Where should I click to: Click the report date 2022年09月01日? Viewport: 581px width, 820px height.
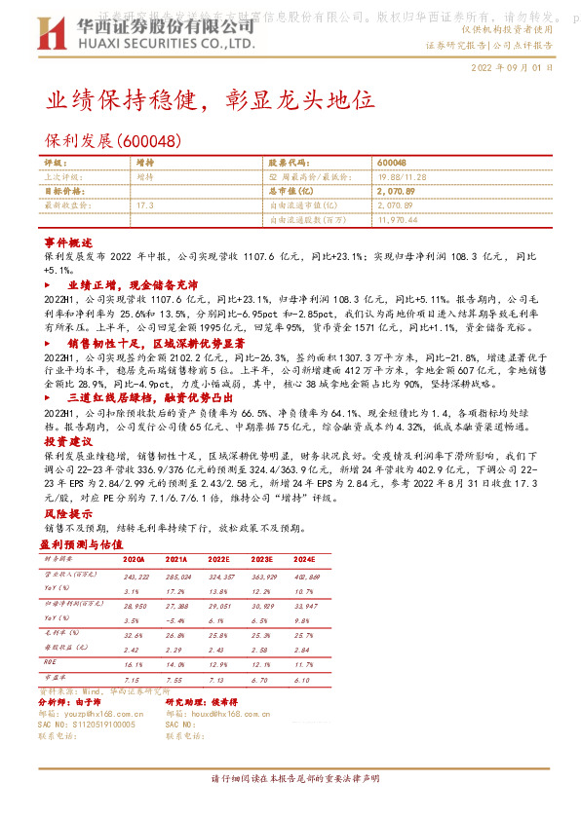pyautogui.click(x=511, y=70)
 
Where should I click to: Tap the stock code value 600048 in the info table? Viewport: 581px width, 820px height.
pyautogui.click(x=391, y=163)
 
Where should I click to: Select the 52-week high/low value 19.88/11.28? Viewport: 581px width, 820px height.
pyautogui.click(x=406, y=177)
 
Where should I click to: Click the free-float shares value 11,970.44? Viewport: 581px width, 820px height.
pyautogui.click(x=397, y=220)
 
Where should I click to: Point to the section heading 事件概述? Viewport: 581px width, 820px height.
pyautogui.click(x=67, y=241)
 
